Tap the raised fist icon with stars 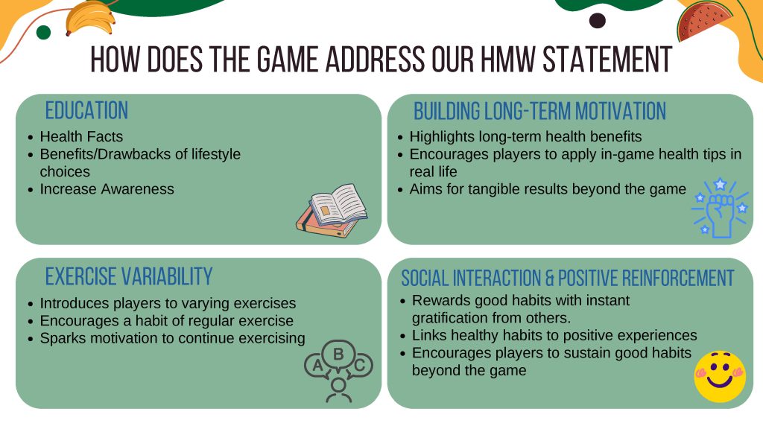click(721, 209)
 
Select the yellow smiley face click(720, 377)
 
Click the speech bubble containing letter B click(338, 355)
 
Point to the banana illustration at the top click(89, 18)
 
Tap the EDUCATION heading click(86, 110)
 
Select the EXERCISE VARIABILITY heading click(129, 276)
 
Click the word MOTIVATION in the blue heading click(621, 111)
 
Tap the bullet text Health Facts click(81, 136)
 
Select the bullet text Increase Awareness click(107, 188)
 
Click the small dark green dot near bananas click(43, 33)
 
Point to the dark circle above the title click(597, 20)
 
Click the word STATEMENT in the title click(607, 60)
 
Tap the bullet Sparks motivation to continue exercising click(172, 338)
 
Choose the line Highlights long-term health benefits click(525, 136)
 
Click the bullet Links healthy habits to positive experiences click(554, 335)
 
